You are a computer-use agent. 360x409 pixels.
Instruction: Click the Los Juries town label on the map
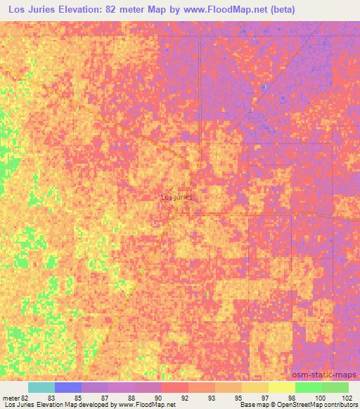(176, 197)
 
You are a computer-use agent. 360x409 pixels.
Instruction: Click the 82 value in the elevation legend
(22, 397)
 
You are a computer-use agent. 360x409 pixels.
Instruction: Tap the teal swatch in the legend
(41, 387)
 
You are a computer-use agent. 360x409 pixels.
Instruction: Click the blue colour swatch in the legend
(68, 387)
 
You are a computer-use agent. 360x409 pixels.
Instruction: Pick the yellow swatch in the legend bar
(282, 387)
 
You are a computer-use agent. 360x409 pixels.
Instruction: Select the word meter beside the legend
(9, 397)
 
